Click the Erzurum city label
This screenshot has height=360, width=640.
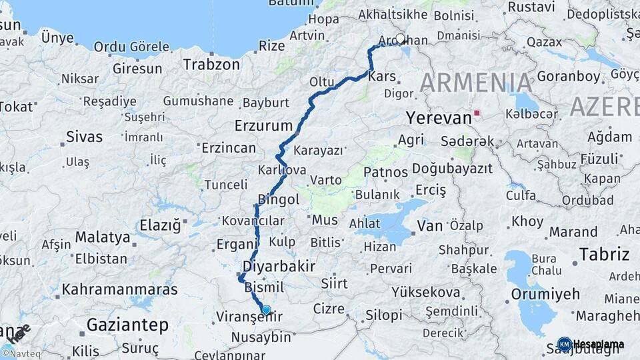pos(263,125)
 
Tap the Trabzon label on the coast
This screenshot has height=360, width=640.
pos(211,65)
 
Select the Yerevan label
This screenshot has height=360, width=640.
pos(438,118)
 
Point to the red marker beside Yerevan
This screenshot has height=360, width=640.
pos(476,113)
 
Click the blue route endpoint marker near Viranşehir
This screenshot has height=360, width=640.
pos(266,309)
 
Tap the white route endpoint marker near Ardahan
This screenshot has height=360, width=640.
pos(400,39)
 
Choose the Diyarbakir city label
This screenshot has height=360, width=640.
pos(279,267)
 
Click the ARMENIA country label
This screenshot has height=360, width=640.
pos(476,83)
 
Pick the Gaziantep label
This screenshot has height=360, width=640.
pos(127,325)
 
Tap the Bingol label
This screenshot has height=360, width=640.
pos(278,200)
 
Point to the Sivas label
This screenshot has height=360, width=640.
pos(84,137)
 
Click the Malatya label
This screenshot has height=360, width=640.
pos(102,237)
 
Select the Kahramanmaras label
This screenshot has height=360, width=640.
pos(119,290)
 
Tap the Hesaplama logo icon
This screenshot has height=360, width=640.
pos(564,344)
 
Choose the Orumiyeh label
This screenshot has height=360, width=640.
pos(545,293)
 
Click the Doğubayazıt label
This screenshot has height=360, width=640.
pos(452,169)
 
